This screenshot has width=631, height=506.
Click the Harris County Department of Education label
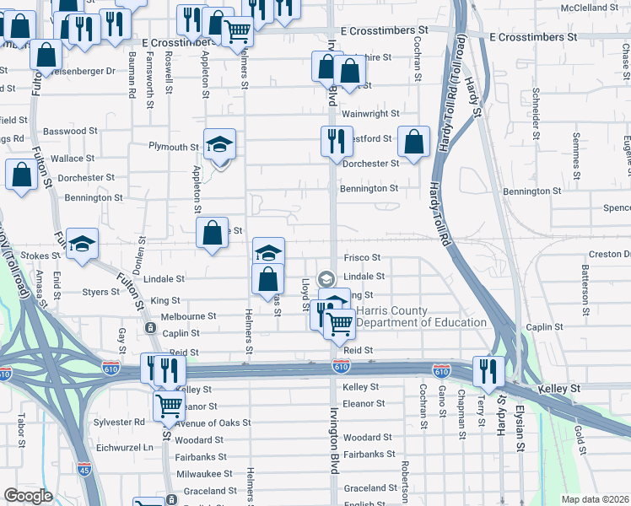tap(421, 316)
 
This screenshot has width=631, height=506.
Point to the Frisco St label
tap(362, 257)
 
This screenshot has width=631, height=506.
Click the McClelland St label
tap(594, 8)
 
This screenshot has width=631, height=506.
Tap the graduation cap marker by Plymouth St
tap(219, 144)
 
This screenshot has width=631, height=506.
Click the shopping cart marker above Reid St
tap(340, 323)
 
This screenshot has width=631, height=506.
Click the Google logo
tap(28, 496)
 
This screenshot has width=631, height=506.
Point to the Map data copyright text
tap(595, 499)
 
